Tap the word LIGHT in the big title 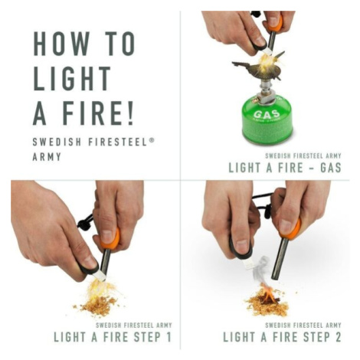pos(72,78)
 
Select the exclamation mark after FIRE pos(131,113)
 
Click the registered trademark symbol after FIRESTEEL pos(152,139)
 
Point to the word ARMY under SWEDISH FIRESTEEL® pos(47,157)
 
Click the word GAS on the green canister pos(267,113)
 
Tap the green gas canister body pos(267,119)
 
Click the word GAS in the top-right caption pos(331,168)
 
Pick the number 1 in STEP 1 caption pos(168,337)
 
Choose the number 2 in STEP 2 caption pos(338,337)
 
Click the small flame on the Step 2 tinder pos(267,294)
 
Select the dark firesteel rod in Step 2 pos(281,258)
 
